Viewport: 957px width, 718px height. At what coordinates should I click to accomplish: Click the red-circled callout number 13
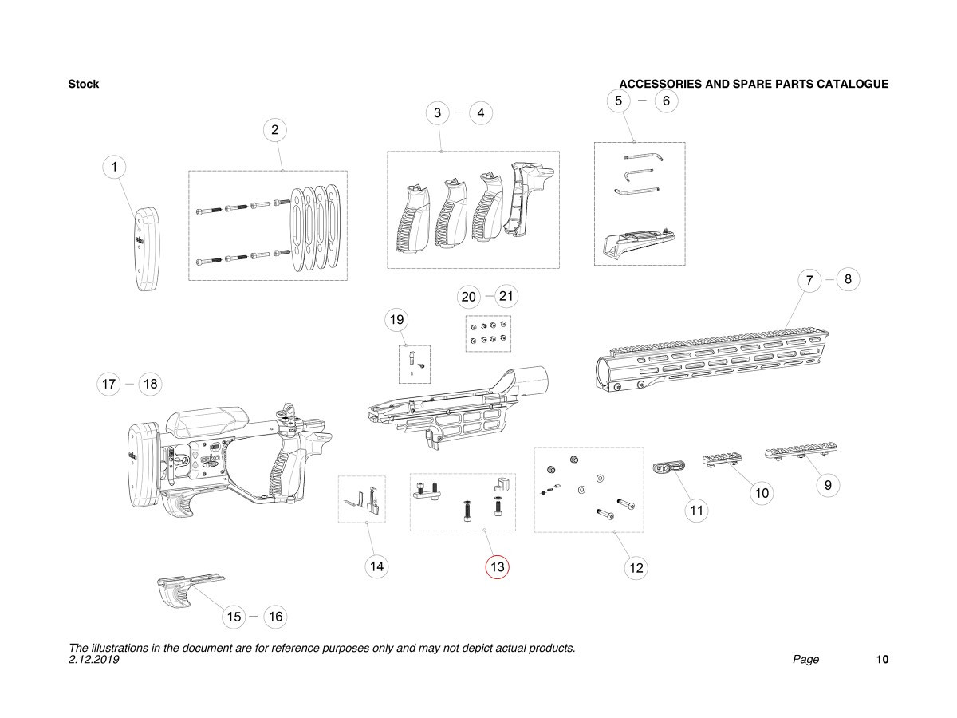tap(498, 567)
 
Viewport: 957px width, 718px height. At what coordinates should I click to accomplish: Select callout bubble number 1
tap(115, 167)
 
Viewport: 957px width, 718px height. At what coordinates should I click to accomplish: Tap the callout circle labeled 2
tap(274, 129)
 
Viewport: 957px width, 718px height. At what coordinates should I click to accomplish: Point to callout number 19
tap(396, 321)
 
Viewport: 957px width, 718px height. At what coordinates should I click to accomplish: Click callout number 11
tap(697, 510)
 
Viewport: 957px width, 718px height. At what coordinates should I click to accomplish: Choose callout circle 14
tap(377, 566)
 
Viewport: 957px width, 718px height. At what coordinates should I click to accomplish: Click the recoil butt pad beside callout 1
tap(146, 250)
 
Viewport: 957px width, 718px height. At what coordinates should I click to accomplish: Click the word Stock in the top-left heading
tap(84, 85)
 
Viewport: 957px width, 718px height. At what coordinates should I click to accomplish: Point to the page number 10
tap(882, 660)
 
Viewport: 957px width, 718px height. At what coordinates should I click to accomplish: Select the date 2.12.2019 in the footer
tap(94, 660)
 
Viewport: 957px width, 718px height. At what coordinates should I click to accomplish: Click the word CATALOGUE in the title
tap(853, 85)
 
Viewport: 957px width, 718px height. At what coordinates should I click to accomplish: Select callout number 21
tap(506, 297)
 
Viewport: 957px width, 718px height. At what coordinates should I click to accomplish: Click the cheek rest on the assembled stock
tap(205, 420)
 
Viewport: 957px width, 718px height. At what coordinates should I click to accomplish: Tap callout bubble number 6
tap(666, 101)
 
